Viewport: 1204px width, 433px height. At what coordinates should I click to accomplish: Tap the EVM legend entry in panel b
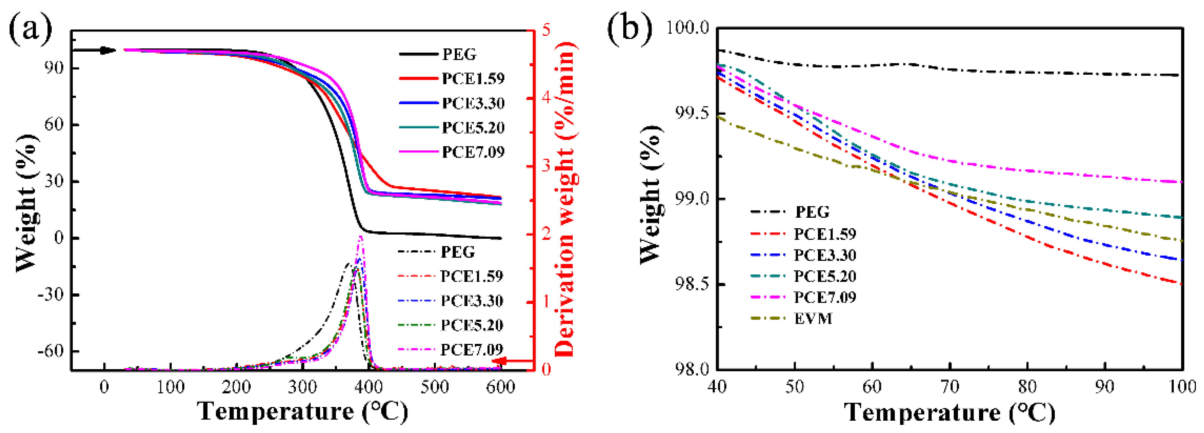(813, 318)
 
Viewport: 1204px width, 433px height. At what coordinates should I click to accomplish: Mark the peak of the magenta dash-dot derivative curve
(360, 236)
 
